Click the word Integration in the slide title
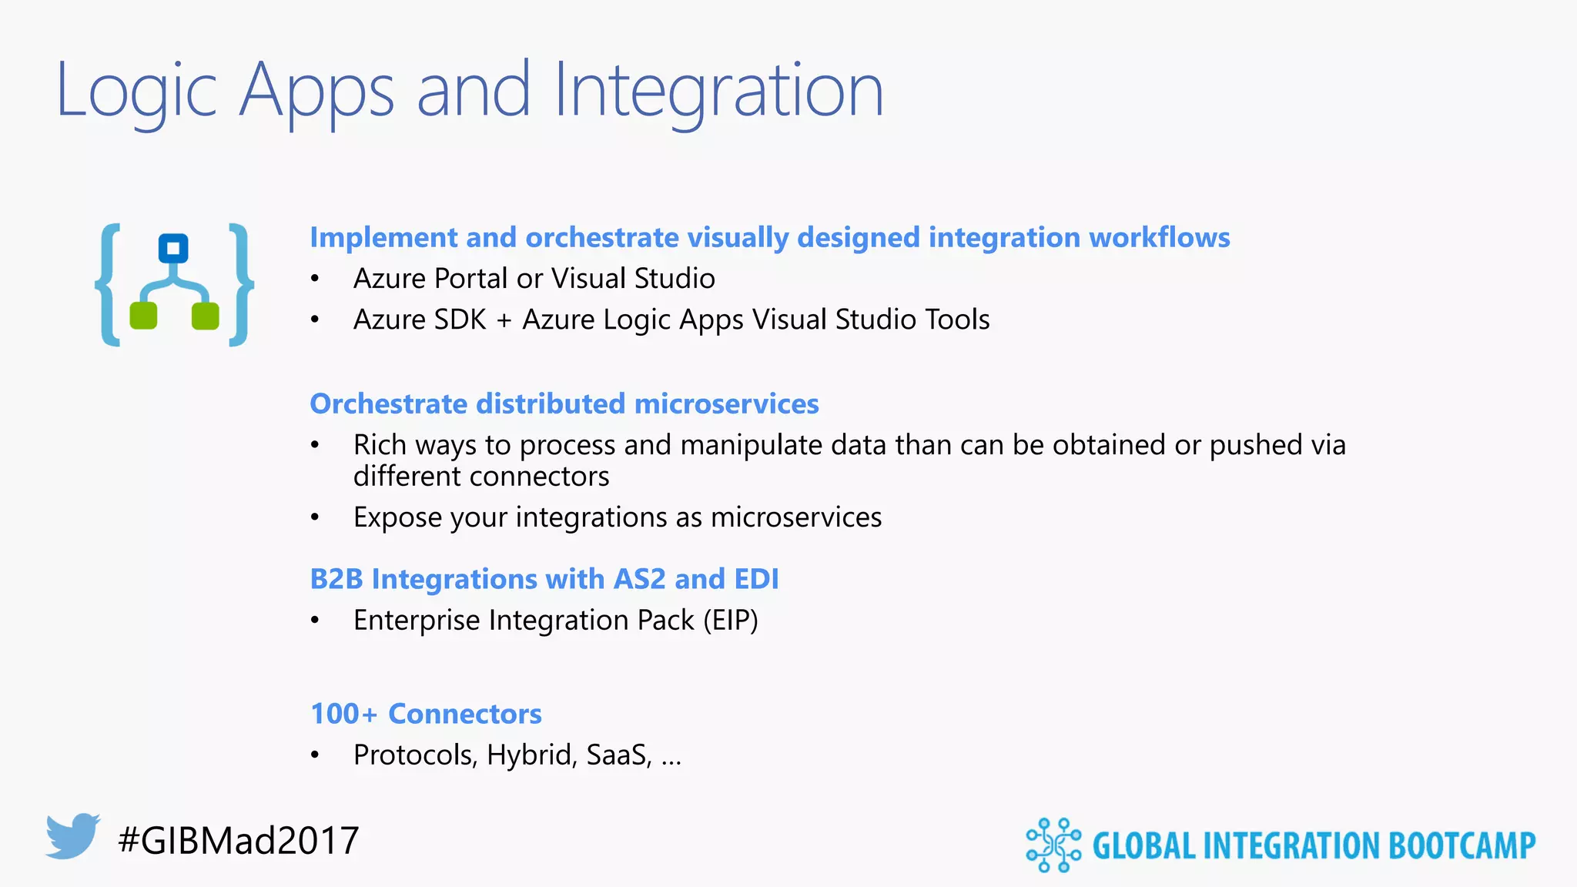[x=718, y=91]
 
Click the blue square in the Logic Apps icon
[x=173, y=249]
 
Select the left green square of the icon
[x=143, y=316]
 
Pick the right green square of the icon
[x=205, y=316]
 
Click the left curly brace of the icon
[x=109, y=285]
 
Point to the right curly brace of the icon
[x=241, y=285]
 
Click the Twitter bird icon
[x=72, y=835]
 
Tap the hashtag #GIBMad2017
[x=239, y=840]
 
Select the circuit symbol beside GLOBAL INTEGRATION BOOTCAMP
[x=1053, y=845]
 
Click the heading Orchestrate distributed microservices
[x=564, y=404]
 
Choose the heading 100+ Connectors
[x=426, y=714]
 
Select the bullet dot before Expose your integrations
[x=315, y=518]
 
